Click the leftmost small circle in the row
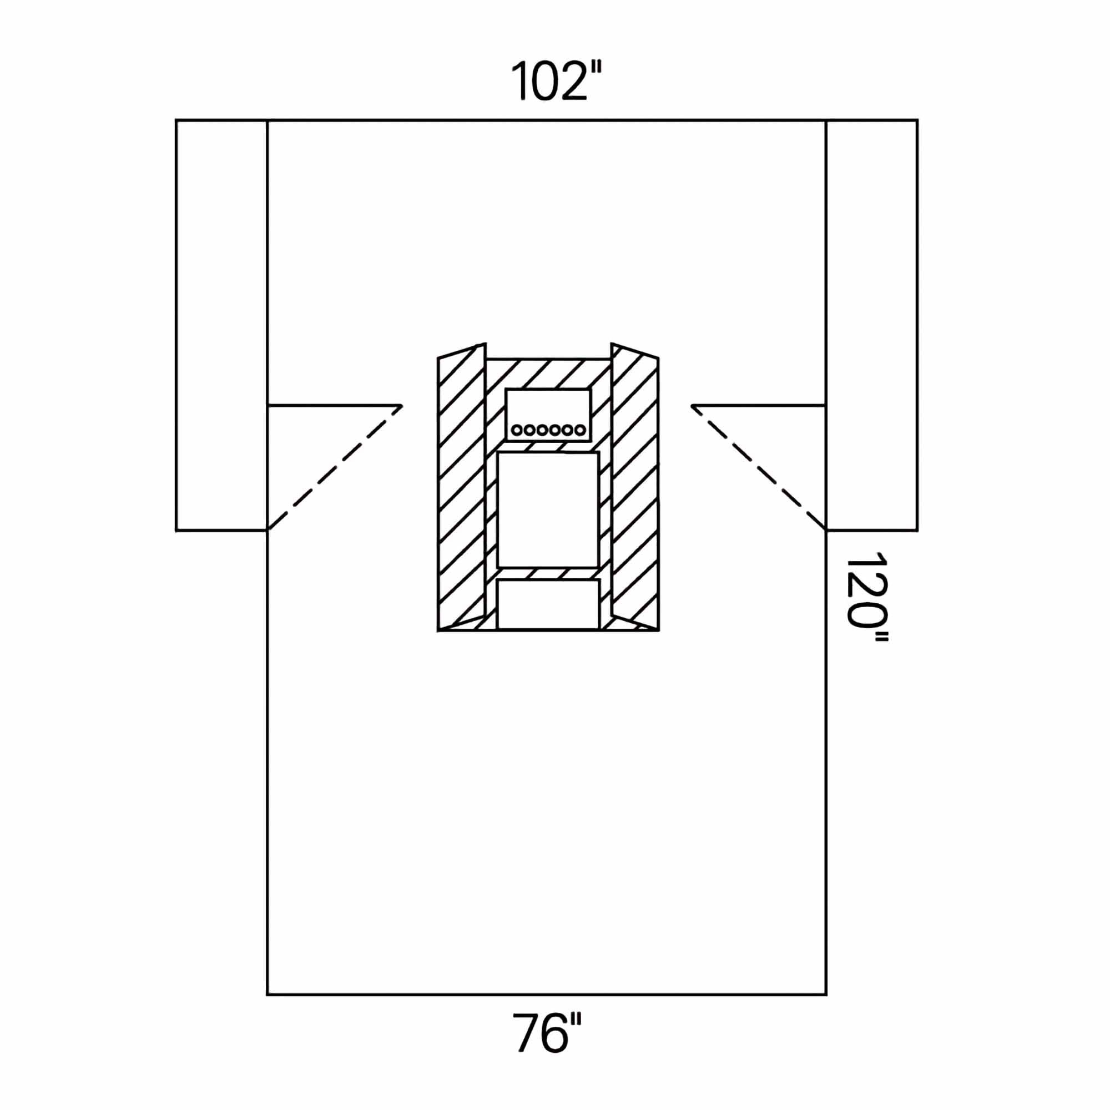click(517, 430)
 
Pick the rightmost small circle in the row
click(581, 430)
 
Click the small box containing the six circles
click(548, 415)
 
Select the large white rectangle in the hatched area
click(548, 510)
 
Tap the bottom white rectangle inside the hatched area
click(548, 604)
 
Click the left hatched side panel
click(461, 487)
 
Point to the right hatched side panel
click(635, 487)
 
